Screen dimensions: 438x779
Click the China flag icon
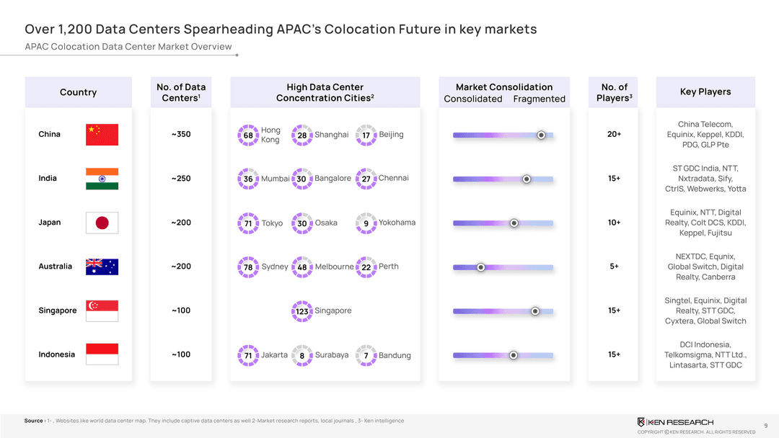click(102, 135)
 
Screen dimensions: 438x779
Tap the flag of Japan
click(102, 223)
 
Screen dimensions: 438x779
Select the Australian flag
click(102, 267)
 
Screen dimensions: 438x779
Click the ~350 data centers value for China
click(181, 135)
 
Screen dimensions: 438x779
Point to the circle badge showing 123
click(302, 311)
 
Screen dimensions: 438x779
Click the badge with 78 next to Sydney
click(248, 267)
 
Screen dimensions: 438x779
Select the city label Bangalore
click(333, 179)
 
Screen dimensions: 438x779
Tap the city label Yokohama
click(397, 223)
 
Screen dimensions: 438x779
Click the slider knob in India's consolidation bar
click(527, 179)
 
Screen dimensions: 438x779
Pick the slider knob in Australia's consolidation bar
click(481, 267)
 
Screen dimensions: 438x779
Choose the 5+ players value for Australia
click(614, 267)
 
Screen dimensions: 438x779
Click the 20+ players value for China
click(614, 135)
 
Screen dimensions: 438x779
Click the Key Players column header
click(705, 92)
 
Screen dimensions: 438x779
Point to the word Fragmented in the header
click(539, 99)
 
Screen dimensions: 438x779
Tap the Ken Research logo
click(675, 421)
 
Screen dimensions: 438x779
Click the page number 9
click(765, 425)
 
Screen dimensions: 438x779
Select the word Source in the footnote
click(34, 421)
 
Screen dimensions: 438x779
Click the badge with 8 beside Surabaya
click(302, 355)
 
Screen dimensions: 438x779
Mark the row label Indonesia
click(56, 354)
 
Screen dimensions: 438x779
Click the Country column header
click(78, 92)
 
